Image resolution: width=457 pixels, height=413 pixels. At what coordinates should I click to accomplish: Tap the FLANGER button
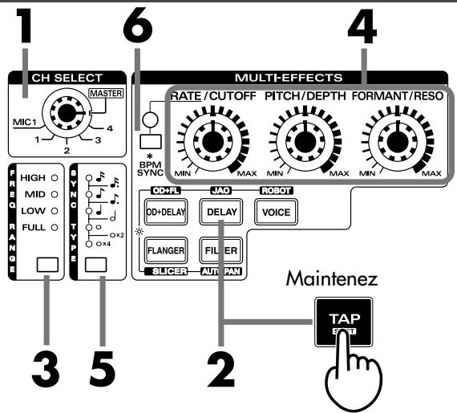pyautogui.click(x=167, y=250)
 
